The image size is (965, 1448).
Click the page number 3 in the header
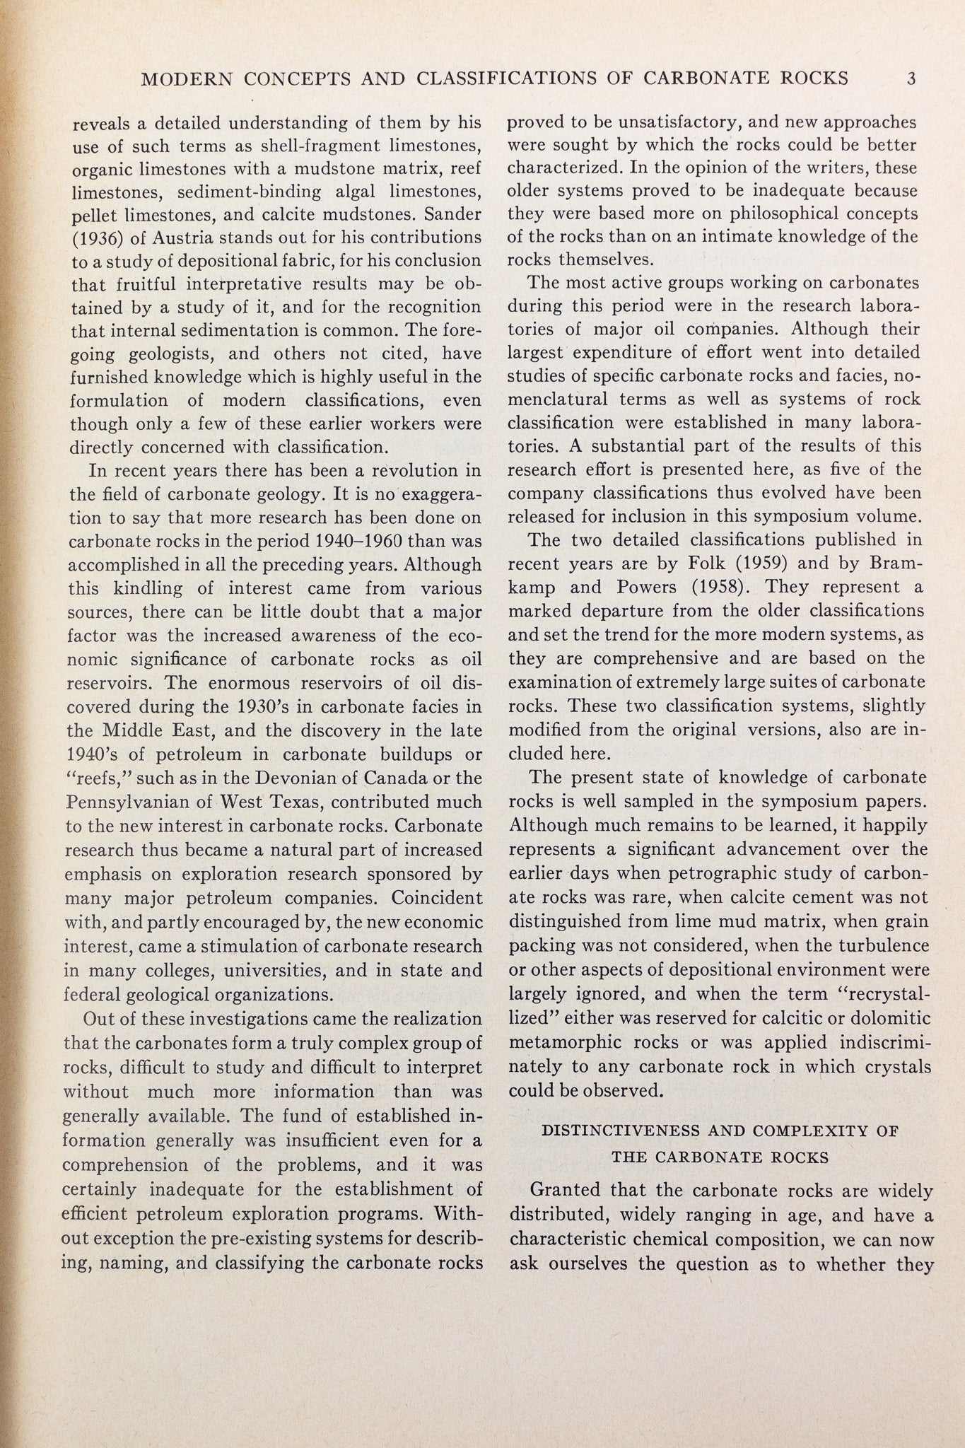coord(911,78)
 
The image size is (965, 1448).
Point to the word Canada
coord(400,779)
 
